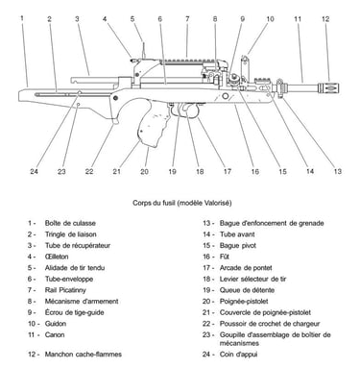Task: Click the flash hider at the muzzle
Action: click(x=328, y=86)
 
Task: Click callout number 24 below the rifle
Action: click(x=35, y=171)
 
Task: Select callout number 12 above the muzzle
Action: click(x=325, y=19)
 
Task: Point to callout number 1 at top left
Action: click(x=22, y=18)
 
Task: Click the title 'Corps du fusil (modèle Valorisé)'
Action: click(x=182, y=203)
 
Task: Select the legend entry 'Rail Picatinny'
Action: click(x=65, y=290)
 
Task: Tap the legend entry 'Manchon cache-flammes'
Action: click(x=84, y=355)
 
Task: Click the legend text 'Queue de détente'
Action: click(x=247, y=290)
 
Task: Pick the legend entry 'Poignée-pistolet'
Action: click(x=244, y=302)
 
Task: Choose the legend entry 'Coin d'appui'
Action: click(x=238, y=355)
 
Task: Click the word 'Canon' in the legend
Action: click(x=55, y=335)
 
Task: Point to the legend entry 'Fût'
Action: click(x=225, y=257)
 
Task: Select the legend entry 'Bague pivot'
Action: click(x=238, y=246)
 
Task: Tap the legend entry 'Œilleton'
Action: click(x=57, y=257)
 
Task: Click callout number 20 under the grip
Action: click(x=144, y=172)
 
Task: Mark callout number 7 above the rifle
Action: click(x=187, y=19)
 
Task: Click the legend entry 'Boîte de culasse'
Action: click(x=70, y=223)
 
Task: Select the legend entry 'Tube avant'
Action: click(x=237, y=234)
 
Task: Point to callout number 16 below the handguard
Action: click(x=254, y=172)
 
